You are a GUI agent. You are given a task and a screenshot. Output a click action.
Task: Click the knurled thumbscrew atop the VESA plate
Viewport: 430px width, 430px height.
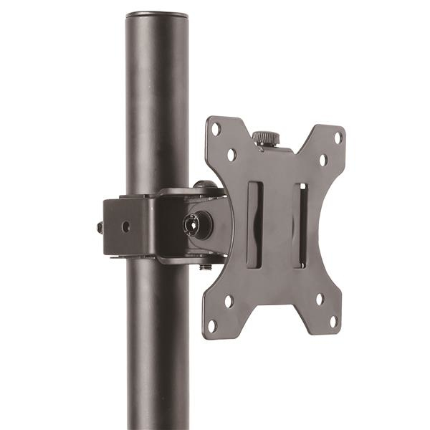pos(267,137)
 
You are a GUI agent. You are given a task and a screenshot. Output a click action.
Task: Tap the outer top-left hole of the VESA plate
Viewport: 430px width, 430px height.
pos(215,130)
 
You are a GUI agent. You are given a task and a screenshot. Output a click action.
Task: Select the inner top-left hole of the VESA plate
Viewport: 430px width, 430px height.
pos(231,154)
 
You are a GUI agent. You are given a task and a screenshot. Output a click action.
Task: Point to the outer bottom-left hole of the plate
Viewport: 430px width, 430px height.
pos(212,325)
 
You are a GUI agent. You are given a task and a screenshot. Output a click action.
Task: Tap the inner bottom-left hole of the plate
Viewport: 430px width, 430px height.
pos(229,301)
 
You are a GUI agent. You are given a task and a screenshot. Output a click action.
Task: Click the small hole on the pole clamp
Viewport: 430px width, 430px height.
pos(126,226)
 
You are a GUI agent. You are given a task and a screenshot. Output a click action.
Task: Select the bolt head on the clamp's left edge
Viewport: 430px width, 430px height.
pos(100,228)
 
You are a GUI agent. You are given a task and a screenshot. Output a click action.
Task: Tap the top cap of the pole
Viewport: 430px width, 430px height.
pos(157,14)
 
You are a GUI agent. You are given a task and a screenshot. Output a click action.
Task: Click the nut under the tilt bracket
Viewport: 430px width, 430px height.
pos(206,267)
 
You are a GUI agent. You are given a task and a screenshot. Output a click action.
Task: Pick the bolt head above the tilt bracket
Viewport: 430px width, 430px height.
pos(205,184)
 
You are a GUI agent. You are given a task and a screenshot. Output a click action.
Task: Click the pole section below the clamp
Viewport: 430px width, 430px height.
pos(157,344)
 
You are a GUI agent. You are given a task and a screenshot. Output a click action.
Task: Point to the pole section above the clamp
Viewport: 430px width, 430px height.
pos(157,107)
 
